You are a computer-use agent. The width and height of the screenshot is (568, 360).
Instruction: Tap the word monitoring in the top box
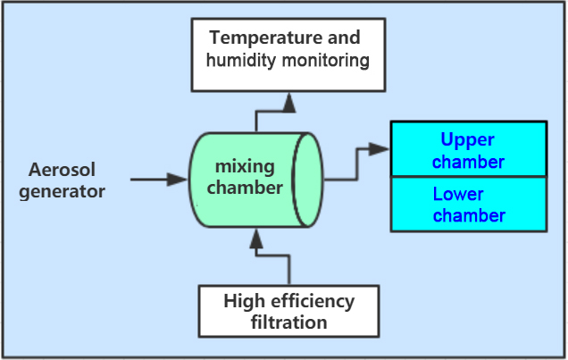click(326, 61)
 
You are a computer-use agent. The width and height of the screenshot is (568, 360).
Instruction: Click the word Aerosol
click(62, 170)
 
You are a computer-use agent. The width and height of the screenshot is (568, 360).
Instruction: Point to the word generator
click(62, 191)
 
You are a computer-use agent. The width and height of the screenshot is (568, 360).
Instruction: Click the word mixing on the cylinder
click(245, 167)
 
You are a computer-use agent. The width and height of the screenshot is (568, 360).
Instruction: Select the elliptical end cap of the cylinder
click(307, 180)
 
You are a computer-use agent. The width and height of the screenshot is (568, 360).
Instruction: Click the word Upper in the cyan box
click(467, 140)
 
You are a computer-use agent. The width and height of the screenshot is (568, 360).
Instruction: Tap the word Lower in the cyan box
click(458, 194)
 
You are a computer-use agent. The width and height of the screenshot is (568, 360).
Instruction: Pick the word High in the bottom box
click(244, 301)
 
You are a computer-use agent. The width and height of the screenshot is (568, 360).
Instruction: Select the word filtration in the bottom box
click(289, 322)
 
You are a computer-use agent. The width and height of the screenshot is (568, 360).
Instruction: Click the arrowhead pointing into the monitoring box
click(289, 103)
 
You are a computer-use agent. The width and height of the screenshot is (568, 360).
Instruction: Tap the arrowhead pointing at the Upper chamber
click(379, 149)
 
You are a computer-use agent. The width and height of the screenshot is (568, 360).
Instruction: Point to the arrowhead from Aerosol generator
click(177, 180)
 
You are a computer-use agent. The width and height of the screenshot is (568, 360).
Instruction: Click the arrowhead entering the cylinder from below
click(256, 239)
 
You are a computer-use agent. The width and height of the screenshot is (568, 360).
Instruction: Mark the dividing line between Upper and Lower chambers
click(469, 176)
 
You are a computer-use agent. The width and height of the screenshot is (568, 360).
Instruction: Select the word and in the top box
click(344, 38)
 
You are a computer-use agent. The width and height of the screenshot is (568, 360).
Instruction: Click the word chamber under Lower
click(469, 215)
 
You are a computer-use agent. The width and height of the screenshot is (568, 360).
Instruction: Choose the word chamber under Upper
click(468, 162)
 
